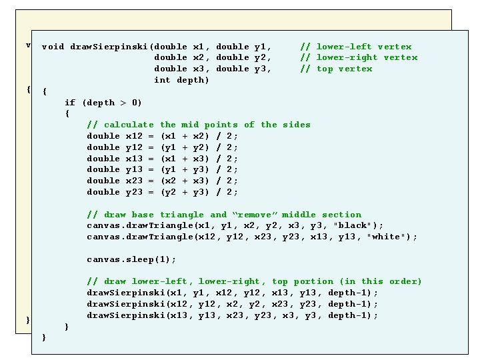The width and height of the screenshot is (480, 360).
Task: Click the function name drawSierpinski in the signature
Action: click(109, 47)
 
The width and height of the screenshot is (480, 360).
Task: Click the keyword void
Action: click(53, 47)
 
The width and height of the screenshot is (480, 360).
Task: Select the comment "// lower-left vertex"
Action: click(356, 47)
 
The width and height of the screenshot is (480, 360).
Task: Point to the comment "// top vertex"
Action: click(337, 69)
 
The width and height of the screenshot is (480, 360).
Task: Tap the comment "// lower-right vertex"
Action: click(359, 57)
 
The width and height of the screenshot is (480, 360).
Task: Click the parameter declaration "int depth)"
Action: click(181, 80)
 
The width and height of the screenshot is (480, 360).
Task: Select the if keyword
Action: click(70, 103)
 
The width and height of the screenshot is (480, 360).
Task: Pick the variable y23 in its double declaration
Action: click(134, 193)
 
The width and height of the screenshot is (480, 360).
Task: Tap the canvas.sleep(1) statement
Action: click(131, 259)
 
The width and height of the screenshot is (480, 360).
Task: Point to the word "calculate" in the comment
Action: click(129, 125)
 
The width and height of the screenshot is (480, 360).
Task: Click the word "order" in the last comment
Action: click(405, 281)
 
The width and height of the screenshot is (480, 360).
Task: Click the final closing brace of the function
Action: click(44, 337)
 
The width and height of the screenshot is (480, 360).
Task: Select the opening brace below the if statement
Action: click(67, 113)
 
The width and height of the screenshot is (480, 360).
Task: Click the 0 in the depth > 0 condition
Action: click(135, 103)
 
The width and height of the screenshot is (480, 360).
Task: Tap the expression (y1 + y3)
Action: click(185, 170)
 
